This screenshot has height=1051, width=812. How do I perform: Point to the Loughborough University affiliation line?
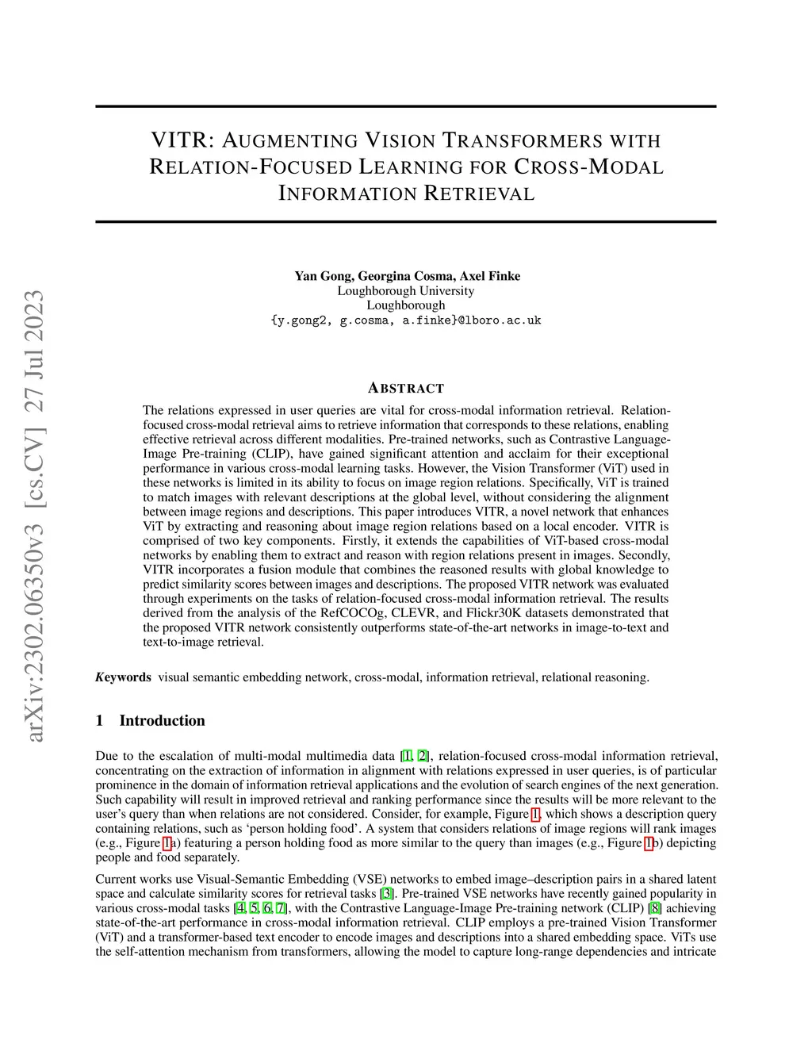click(x=406, y=290)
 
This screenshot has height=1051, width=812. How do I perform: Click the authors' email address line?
click(x=406, y=320)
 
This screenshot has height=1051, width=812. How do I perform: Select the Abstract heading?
click(x=406, y=389)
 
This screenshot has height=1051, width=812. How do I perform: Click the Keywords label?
click(x=123, y=677)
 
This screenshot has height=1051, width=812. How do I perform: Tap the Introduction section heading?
click(x=162, y=720)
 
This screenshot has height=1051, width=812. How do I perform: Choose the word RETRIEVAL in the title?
click(x=480, y=194)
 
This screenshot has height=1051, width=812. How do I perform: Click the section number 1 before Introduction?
click(x=99, y=720)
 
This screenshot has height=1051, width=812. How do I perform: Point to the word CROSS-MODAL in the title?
click(x=588, y=167)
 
